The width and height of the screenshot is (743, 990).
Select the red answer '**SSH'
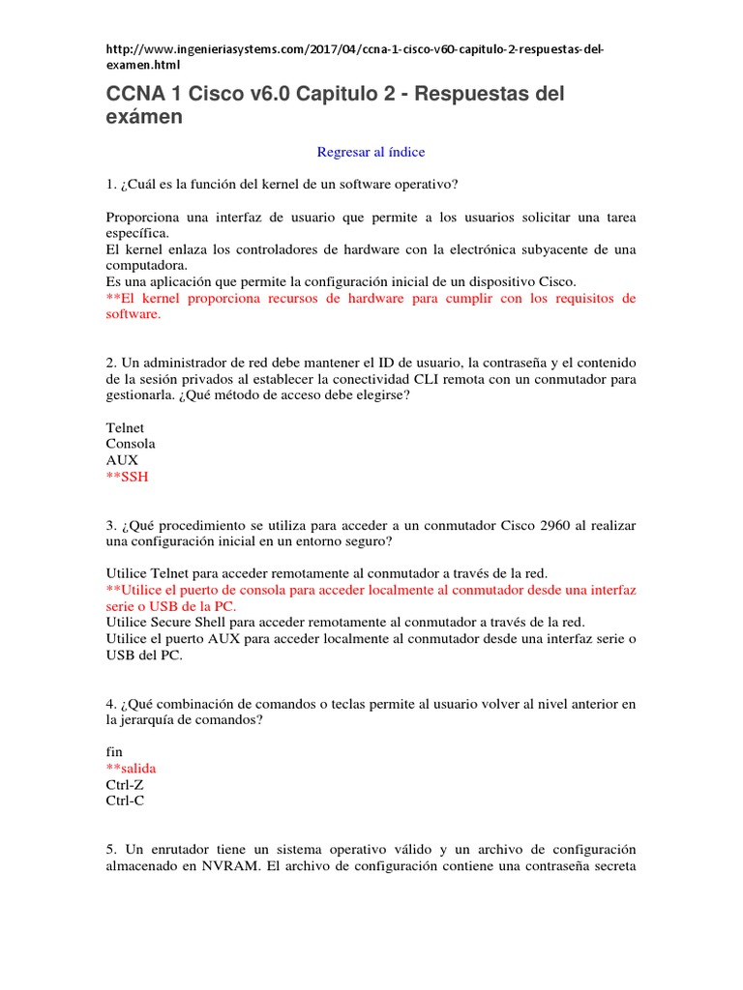(128, 478)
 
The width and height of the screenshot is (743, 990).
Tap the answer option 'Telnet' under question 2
(125, 427)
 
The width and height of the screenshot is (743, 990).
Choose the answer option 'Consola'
(131, 444)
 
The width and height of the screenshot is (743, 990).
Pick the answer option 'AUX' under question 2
(122, 460)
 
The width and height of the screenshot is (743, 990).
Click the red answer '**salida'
(131, 768)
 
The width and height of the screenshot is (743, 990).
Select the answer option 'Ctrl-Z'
(125, 784)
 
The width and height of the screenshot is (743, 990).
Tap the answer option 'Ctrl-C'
(125, 801)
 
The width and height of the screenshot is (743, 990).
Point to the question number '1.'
(111, 184)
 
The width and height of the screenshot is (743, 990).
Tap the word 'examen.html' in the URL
(143, 65)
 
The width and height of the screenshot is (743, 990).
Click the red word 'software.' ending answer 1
(134, 314)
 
